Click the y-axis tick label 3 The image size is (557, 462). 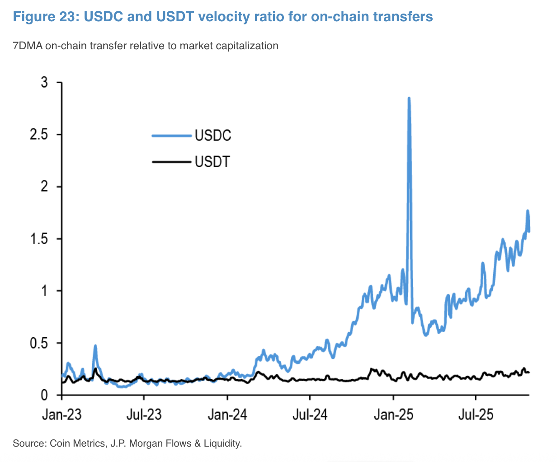[44, 83]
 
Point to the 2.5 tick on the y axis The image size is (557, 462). [38, 135]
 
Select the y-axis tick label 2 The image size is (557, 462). [44, 187]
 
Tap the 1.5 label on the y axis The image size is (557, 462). [38, 239]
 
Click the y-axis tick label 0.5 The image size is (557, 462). [38, 343]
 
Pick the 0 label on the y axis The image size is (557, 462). [44, 395]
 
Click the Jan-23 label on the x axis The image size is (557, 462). [61, 415]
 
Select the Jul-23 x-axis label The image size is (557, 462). [144, 415]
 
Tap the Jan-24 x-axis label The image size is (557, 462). [227, 415]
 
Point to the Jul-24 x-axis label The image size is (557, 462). [310, 415]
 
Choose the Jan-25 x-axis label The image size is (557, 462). [393, 415]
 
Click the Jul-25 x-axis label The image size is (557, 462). [476, 415]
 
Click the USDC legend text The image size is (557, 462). [213, 135]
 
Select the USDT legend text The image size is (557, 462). [212, 161]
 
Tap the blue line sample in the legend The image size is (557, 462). [171, 135]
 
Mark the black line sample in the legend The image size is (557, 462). [171, 161]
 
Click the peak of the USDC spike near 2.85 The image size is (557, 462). [409, 98]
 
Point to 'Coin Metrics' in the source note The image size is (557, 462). [77, 443]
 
